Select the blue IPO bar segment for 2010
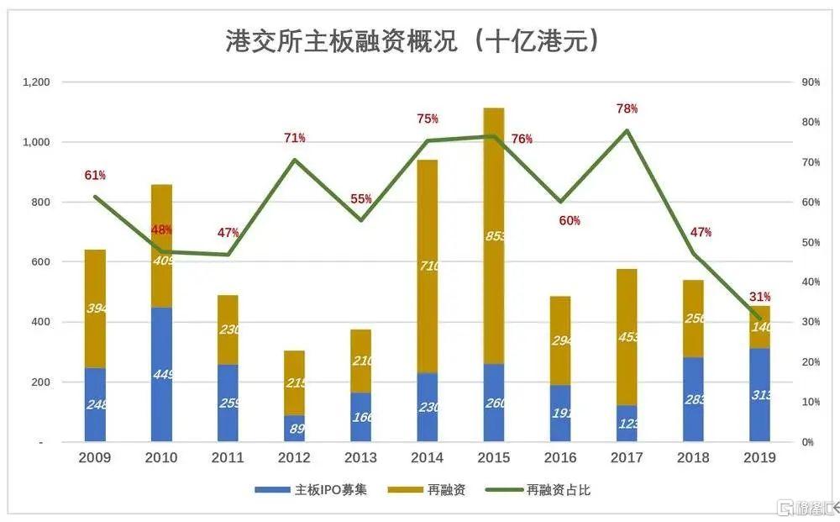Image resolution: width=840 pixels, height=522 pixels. coord(161,374)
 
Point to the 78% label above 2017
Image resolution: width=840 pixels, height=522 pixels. coord(627,108)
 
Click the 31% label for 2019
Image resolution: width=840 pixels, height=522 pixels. coord(760,297)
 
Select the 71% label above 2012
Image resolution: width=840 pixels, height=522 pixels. coord(294,138)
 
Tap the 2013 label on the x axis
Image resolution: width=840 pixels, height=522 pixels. coord(360,457)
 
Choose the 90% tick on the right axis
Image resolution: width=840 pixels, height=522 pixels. coord(811,82)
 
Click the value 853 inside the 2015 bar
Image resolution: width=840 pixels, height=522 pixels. coord(496,236)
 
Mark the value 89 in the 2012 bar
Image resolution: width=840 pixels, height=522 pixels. coord(295,428)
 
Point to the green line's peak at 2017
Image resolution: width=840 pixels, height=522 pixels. coord(627,130)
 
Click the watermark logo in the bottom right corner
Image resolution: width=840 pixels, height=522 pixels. coord(806,508)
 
